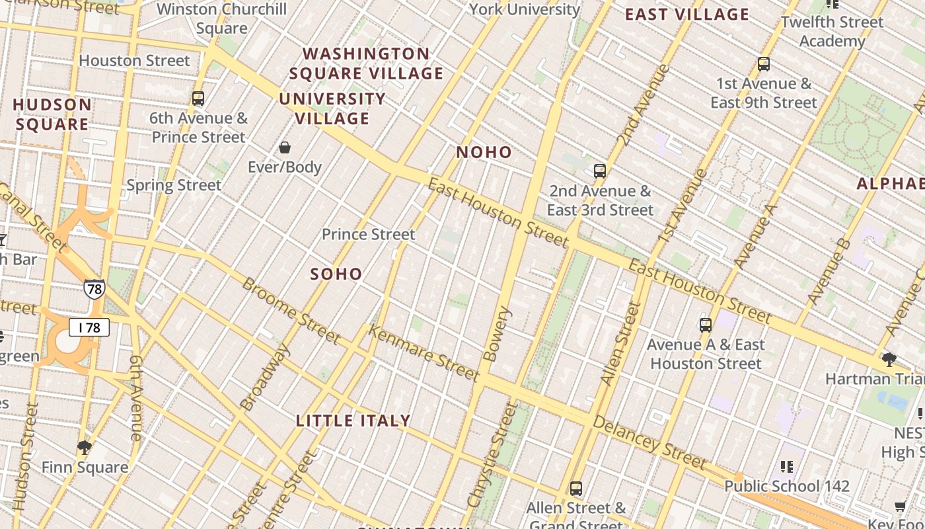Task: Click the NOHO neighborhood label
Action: point(484,152)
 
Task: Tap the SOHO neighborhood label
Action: point(336,274)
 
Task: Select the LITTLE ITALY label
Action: point(353,421)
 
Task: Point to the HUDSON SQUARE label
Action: point(52,114)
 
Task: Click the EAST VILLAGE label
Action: point(687,15)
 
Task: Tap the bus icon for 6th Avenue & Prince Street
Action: point(198,99)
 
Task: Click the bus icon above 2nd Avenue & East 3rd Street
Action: point(599,171)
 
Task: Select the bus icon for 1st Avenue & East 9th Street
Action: point(764,64)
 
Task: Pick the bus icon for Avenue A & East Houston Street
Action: point(706,325)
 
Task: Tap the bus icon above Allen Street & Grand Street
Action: point(576,489)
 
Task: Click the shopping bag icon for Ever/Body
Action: point(285,147)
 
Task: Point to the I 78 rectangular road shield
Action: point(89,327)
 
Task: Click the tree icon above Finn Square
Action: point(84,448)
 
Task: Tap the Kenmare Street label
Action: point(423,353)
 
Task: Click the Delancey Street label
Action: point(649,442)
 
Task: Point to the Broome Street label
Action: point(291,311)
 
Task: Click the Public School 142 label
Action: point(787,487)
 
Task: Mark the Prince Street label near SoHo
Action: point(369,234)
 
